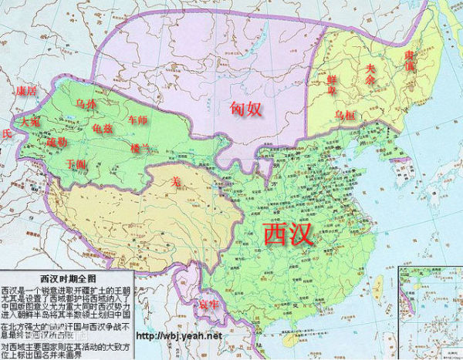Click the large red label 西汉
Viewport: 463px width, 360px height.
pyautogui.click(x=289, y=233)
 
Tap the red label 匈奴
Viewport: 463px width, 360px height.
pyautogui.click(x=247, y=109)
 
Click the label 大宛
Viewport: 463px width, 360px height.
pyautogui.click(x=29, y=122)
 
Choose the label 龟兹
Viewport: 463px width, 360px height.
pyautogui.click(x=101, y=127)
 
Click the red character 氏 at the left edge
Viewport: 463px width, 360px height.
pyautogui.click(x=7, y=133)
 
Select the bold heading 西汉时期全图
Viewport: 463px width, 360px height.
pyautogui.click(x=69, y=276)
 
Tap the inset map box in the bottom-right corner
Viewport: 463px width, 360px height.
pyautogui.click(x=430, y=311)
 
